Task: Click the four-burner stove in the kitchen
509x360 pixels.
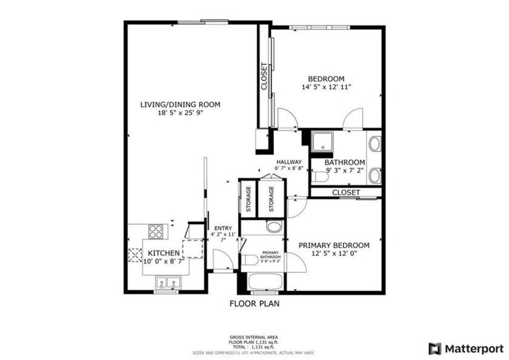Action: coord(156,231)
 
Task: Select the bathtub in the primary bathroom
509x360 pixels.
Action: coord(265,283)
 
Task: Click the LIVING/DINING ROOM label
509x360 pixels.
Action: coord(180,104)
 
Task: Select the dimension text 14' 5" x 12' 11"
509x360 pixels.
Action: coord(326,87)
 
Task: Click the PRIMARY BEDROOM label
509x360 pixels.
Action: coord(334,245)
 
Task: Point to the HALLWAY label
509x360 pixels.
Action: coord(289,162)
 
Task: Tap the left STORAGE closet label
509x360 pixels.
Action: coord(248,198)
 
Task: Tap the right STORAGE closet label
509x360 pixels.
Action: coord(271,198)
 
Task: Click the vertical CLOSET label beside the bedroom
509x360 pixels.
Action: coord(264,77)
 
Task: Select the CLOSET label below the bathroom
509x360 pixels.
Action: coord(346,192)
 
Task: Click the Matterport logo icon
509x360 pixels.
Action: coord(434,348)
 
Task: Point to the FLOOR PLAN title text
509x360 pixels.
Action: coord(254,304)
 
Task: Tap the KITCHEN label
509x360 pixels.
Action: coord(164,253)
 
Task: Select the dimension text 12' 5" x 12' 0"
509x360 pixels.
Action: coord(334,254)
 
